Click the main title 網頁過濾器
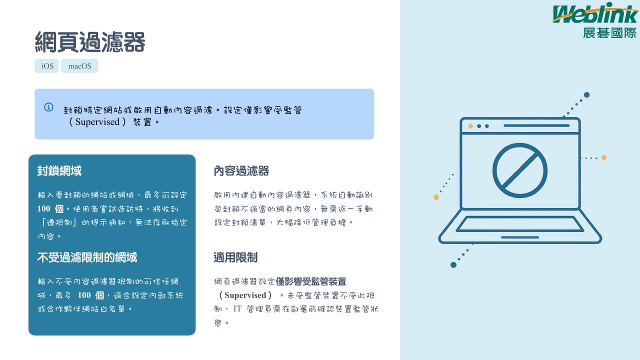click(x=90, y=42)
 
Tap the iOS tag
click(x=46, y=66)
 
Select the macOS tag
click(x=79, y=66)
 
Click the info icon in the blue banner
click(x=48, y=107)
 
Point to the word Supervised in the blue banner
click(x=97, y=122)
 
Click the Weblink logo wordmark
click(x=595, y=13)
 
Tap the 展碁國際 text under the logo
click(x=609, y=33)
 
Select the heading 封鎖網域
click(x=59, y=171)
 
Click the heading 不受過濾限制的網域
click(x=87, y=257)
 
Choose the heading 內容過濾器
click(x=241, y=171)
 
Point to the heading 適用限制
click(x=235, y=257)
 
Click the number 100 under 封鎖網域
click(x=43, y=208)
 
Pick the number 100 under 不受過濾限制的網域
click(x=84, y=295)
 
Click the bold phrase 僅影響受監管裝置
click(x=311, y=281)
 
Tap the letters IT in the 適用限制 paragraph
click(x=237, y=309)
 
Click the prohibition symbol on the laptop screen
click(x=520, y=170)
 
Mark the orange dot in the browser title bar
click(x=470, y=126)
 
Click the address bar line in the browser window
click(x=536, y=125)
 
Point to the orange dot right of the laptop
click(x=604, y=157)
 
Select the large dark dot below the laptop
click(x=453, y=265)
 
